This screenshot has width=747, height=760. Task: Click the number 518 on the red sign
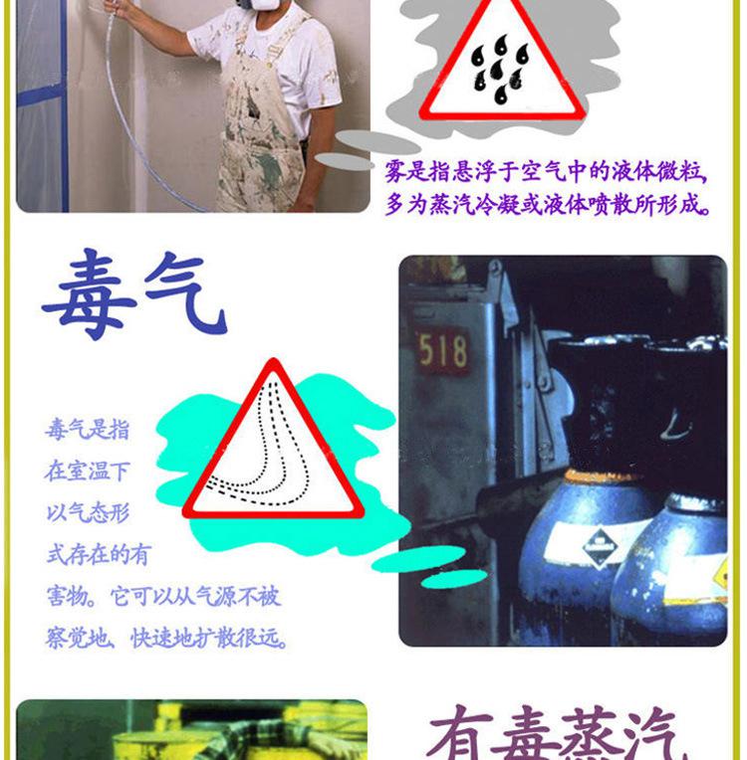pyautogui.click(x=442, y=350)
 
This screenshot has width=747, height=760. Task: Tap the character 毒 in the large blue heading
pyautogui.click(x=90, y=294)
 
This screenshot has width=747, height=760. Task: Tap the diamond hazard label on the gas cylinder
pyautogui.click(x=600, y=547)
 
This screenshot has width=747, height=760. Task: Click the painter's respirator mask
pyautogui.click(x=255, y=7)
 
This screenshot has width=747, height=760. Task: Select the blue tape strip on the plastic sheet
pyautogui.click(x=41, y=95)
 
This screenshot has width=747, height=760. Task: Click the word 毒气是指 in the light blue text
pyautogui.click(x=88, y=430)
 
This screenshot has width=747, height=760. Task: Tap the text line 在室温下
pyautogui.click(x=88, y=472)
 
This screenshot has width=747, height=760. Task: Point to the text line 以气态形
pyautogui.click(x=88, y=513)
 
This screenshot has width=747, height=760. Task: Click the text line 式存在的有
pyautogui.click(x=99, y=554)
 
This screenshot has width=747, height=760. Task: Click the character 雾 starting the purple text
pyautogui.click(x=395, y=171)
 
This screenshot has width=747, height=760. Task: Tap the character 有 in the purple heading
pyautogui.click(x=460, y=733)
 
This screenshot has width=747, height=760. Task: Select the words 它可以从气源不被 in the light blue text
pyautogui.click(x=195, y=596)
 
